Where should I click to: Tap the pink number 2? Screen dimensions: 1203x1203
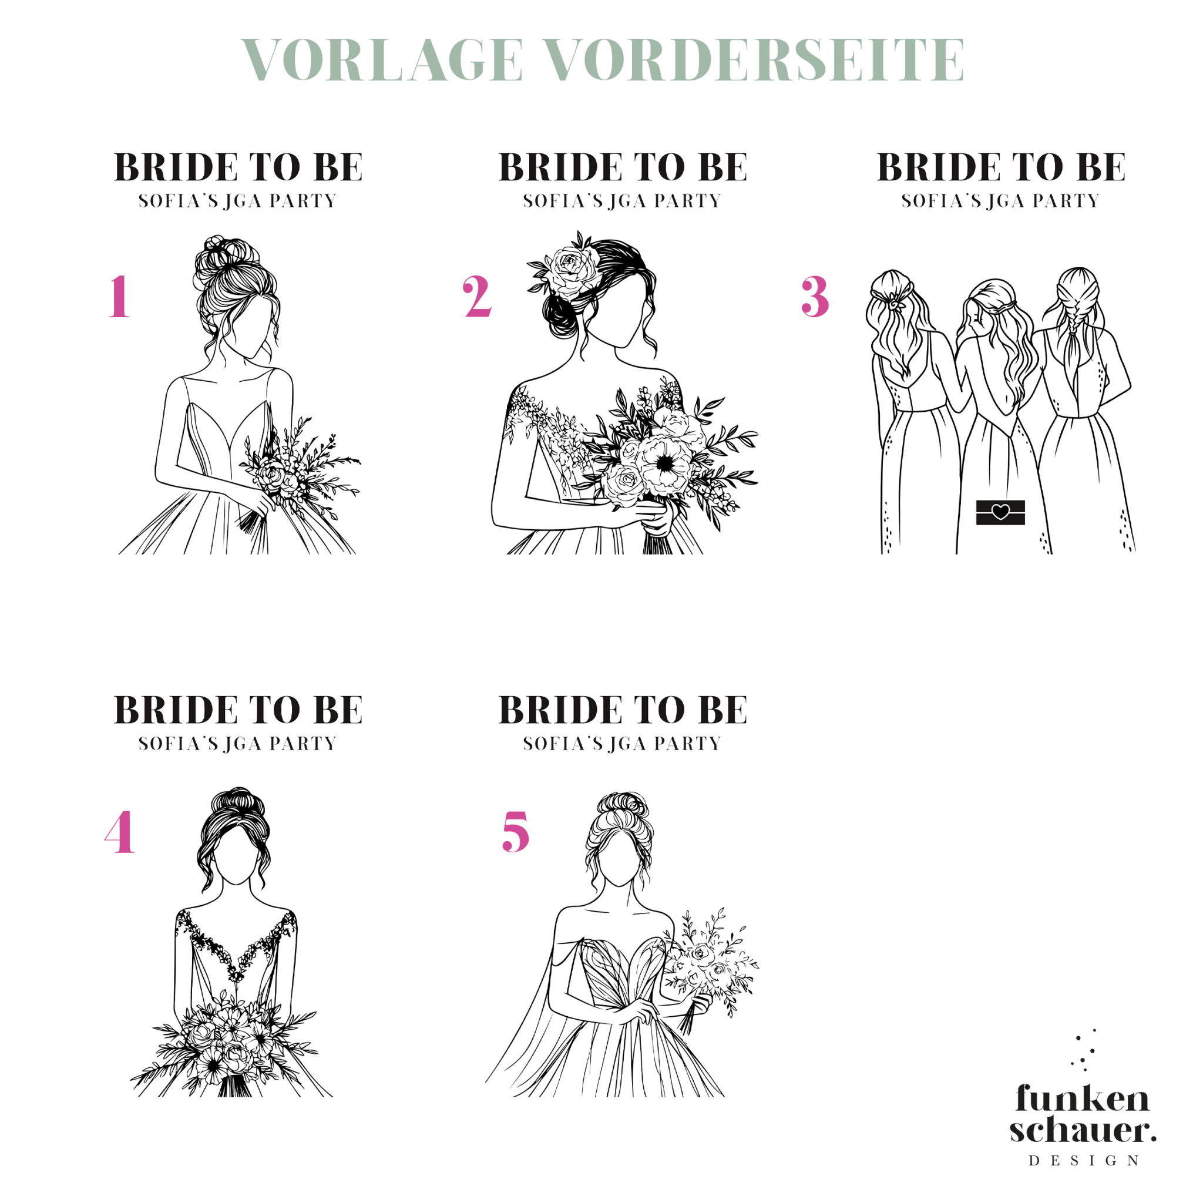tap(478, 297)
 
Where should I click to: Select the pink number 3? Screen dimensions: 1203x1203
tap(815, 297)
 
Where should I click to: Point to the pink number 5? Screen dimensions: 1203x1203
tap(516, 832)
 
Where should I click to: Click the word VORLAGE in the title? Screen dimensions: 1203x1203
tap(382, 59)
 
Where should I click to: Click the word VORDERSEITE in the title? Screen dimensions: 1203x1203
tap(755, 59)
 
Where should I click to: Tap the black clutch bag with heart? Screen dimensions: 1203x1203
tap(1000, 512)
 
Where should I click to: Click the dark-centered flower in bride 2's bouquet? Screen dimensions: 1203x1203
tap(665, 465)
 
